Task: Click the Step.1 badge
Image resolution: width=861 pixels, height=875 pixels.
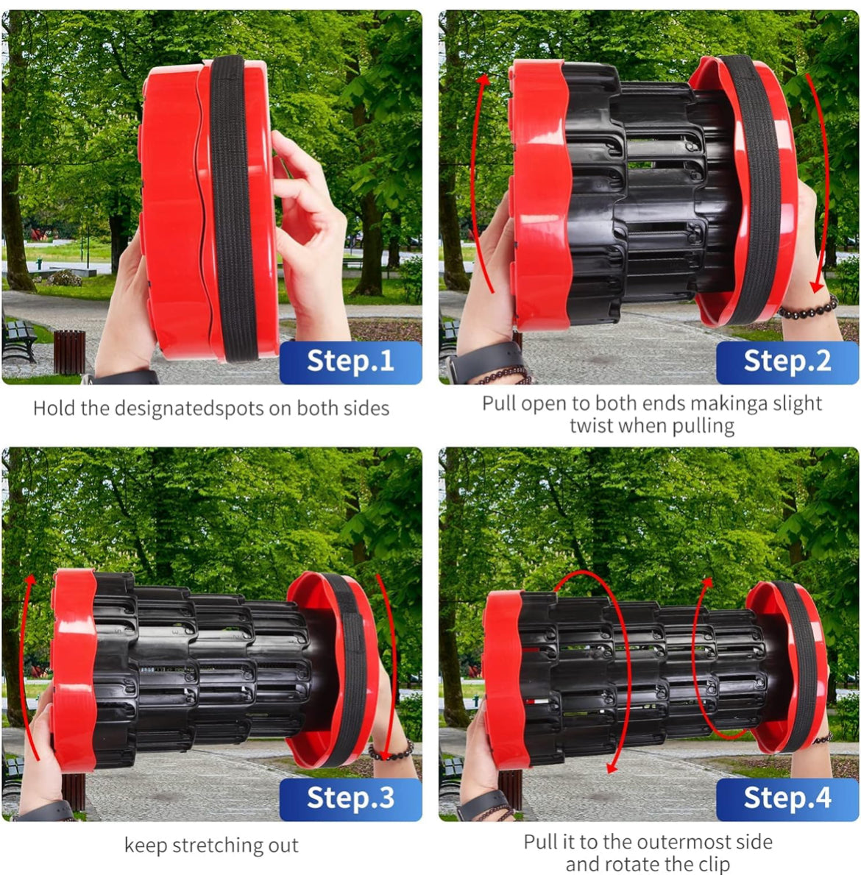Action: (351, 362)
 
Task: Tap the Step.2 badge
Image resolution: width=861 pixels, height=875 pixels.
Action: (788, 362)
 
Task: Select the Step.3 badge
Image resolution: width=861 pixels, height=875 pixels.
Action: (351, 799)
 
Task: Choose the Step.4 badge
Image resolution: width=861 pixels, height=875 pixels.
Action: (788, 799)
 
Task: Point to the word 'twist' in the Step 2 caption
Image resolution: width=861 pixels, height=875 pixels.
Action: (592, 426)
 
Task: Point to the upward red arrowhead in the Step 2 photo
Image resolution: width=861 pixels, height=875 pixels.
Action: (483, 80)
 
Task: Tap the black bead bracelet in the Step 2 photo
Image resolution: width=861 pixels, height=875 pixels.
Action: (809, 308)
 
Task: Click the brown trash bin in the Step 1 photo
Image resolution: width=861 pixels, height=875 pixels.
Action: (69, 352)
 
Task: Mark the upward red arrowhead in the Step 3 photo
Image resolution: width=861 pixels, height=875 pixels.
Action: (31, 581)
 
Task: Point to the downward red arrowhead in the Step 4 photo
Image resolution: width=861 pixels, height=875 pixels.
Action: (612, 768)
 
